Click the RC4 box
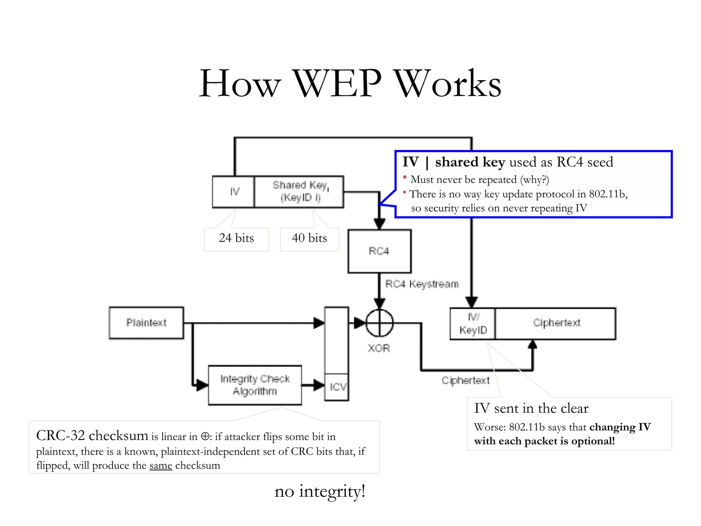point(379,251)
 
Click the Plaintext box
point(146,323)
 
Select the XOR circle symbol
point(379,323)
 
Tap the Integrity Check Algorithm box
point(255,385)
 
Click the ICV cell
point(337,387)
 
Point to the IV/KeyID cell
point(473,324)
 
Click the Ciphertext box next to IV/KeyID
point(556,323)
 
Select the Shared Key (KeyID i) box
point(299,192)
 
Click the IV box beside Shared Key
point(234,192)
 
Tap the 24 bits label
point(236,238)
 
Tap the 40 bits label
point(309,238)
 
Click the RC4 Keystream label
point(422,284)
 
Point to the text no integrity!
point(320,491)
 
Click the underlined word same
point(161,466)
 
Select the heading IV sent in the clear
point(531,408)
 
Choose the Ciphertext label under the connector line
point(466,380)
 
